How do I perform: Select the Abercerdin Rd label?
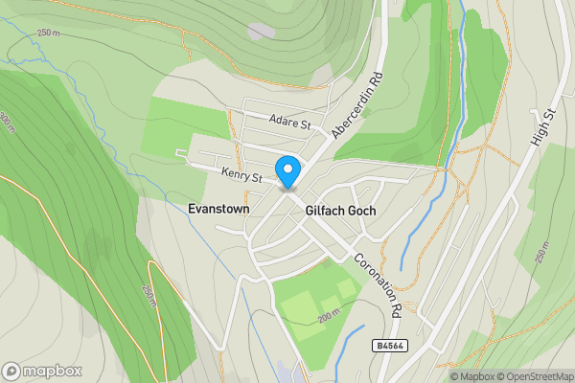click(x=356, y=104)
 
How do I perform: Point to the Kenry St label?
click(x=241, y=176)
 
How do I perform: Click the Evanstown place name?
click(x=219, y=209)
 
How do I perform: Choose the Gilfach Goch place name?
click(x=340, y=211)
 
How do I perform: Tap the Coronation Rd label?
click(x=376, y=283)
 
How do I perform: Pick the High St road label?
click(x=544, y=127)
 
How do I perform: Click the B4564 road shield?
click(x=389, y=344)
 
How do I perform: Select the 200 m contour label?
click(x=330, y=316)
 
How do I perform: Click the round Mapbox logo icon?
click(x=12, y=371)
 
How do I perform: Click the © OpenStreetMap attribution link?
click(x=535, y=376)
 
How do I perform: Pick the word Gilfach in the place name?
click(x=323, y=211)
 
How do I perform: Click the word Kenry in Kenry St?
click(x=236, y=175)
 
